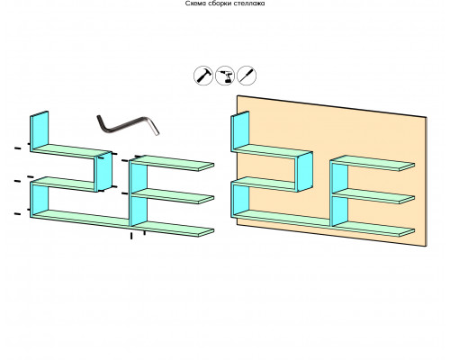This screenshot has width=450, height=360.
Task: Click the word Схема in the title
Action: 194,4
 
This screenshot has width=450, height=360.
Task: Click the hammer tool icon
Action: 203,76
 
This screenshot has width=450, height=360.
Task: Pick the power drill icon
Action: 225,76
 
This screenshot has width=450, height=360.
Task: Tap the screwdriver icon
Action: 247,76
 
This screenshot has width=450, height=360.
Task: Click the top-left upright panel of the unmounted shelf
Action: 40,130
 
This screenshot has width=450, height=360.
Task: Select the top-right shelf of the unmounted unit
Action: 172,163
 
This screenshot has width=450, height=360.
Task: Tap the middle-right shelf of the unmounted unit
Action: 173,196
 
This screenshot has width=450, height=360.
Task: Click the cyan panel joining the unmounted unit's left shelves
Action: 103,172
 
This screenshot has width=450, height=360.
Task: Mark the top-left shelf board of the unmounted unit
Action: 71,151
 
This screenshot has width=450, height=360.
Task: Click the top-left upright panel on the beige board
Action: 240,130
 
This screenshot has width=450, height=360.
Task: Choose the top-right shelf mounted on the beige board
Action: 373,163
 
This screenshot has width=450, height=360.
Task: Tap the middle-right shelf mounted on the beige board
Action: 373,196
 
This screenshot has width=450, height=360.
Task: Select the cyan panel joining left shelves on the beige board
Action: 304,172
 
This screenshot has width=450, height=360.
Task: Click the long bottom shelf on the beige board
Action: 323,224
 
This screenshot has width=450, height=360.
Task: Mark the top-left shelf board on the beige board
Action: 272,151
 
